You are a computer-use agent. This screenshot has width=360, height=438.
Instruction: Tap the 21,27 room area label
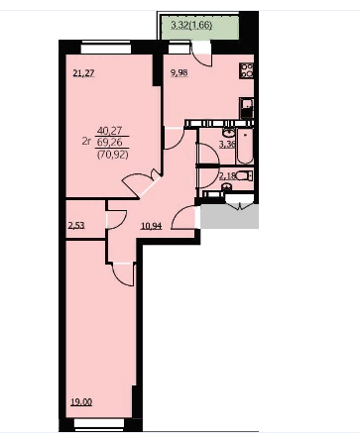[x=83, y=73]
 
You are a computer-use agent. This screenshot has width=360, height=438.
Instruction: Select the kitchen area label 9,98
[x=180, y=73]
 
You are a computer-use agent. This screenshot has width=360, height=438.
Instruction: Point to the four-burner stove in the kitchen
[x=246, y=71]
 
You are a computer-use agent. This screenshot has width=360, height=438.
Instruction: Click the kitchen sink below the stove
[x=246, y=108]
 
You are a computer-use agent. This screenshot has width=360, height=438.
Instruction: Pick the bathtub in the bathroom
[x=245, y=147]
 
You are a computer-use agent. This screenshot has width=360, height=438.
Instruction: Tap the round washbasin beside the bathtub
[x=228, y=133]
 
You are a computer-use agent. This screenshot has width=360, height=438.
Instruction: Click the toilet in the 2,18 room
[x=245, y=175]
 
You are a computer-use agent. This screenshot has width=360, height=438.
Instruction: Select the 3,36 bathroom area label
[x=227, y=145]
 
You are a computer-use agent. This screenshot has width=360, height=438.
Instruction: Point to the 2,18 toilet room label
[x=227, y=175]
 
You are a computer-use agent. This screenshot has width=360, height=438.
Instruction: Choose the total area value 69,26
[x=109, y=143]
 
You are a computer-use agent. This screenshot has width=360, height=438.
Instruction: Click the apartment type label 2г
[x=86, y=142]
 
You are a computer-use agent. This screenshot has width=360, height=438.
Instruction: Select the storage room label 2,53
[x=76, y=226]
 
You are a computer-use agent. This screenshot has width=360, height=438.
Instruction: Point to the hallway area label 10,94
[x=151, y=226]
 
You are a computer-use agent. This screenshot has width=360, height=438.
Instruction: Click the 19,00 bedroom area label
[x=81, y=402]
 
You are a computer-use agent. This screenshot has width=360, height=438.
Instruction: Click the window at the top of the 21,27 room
[x=106, y=47]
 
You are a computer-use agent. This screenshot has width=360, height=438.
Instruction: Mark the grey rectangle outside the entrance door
[x=229, y=216]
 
